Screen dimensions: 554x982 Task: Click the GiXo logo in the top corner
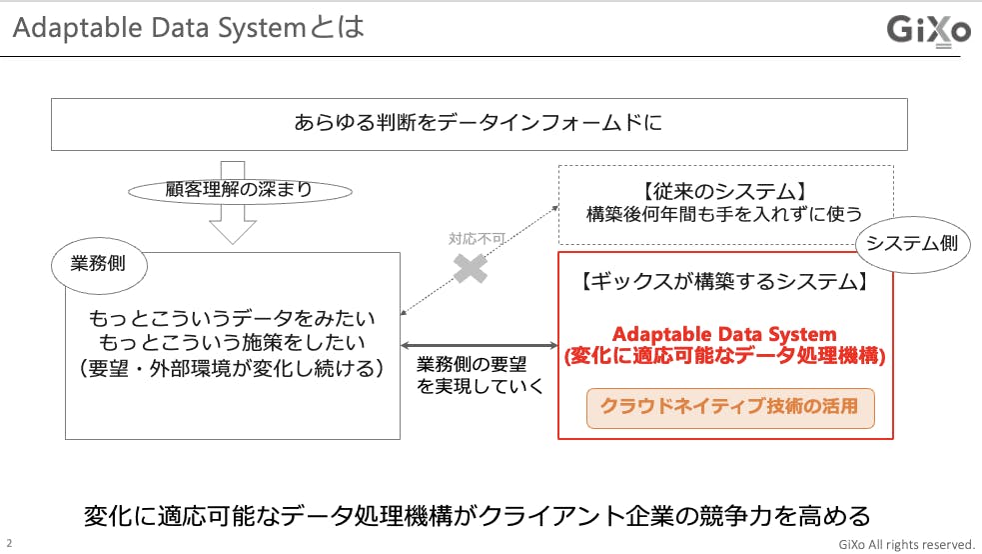[x=928, y=31]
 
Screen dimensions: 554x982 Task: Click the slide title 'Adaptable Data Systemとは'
[x=188, y=27]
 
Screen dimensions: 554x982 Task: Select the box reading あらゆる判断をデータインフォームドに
[x=479, y=124]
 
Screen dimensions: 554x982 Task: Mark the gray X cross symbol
[x=471, y=267]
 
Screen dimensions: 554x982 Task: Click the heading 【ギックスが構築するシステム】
[x=723, y=283]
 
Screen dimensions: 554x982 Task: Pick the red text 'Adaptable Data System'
[x=724, y=334]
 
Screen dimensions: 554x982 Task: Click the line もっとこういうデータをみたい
[x=232, y=320]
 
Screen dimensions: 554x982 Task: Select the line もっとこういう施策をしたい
[x=232, y=344]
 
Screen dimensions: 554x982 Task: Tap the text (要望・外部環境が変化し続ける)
[x=232, y=368]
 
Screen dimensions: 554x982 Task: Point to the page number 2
[x=9, y=543]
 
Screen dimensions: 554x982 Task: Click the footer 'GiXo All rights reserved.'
[x=906, y=544]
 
